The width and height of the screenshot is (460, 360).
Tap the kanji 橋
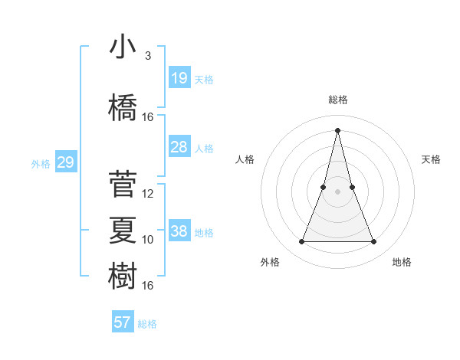tap(123, 108)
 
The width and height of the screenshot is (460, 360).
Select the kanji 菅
tap(123, 185)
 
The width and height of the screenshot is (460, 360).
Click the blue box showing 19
tap(179, 77)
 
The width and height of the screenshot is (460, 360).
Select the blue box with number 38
tap(179, 231)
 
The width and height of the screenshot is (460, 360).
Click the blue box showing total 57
tap(122, 322)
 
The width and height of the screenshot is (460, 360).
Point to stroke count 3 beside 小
tap(147, 56)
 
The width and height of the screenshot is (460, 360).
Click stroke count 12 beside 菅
tap(148, 194)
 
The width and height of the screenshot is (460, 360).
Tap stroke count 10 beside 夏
tap(148, 240)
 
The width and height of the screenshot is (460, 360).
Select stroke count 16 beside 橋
tap(148, 117)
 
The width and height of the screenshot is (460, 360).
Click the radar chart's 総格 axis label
tap(337, 100)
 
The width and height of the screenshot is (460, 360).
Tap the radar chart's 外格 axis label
tap(270, 262)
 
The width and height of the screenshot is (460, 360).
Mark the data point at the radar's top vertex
tap(337, 129)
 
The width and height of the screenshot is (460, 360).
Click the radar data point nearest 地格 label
tap(373, 242)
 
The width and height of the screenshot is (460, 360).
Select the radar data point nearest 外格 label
tap(301, 242)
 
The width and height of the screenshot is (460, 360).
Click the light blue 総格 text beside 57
tap(147, 324)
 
